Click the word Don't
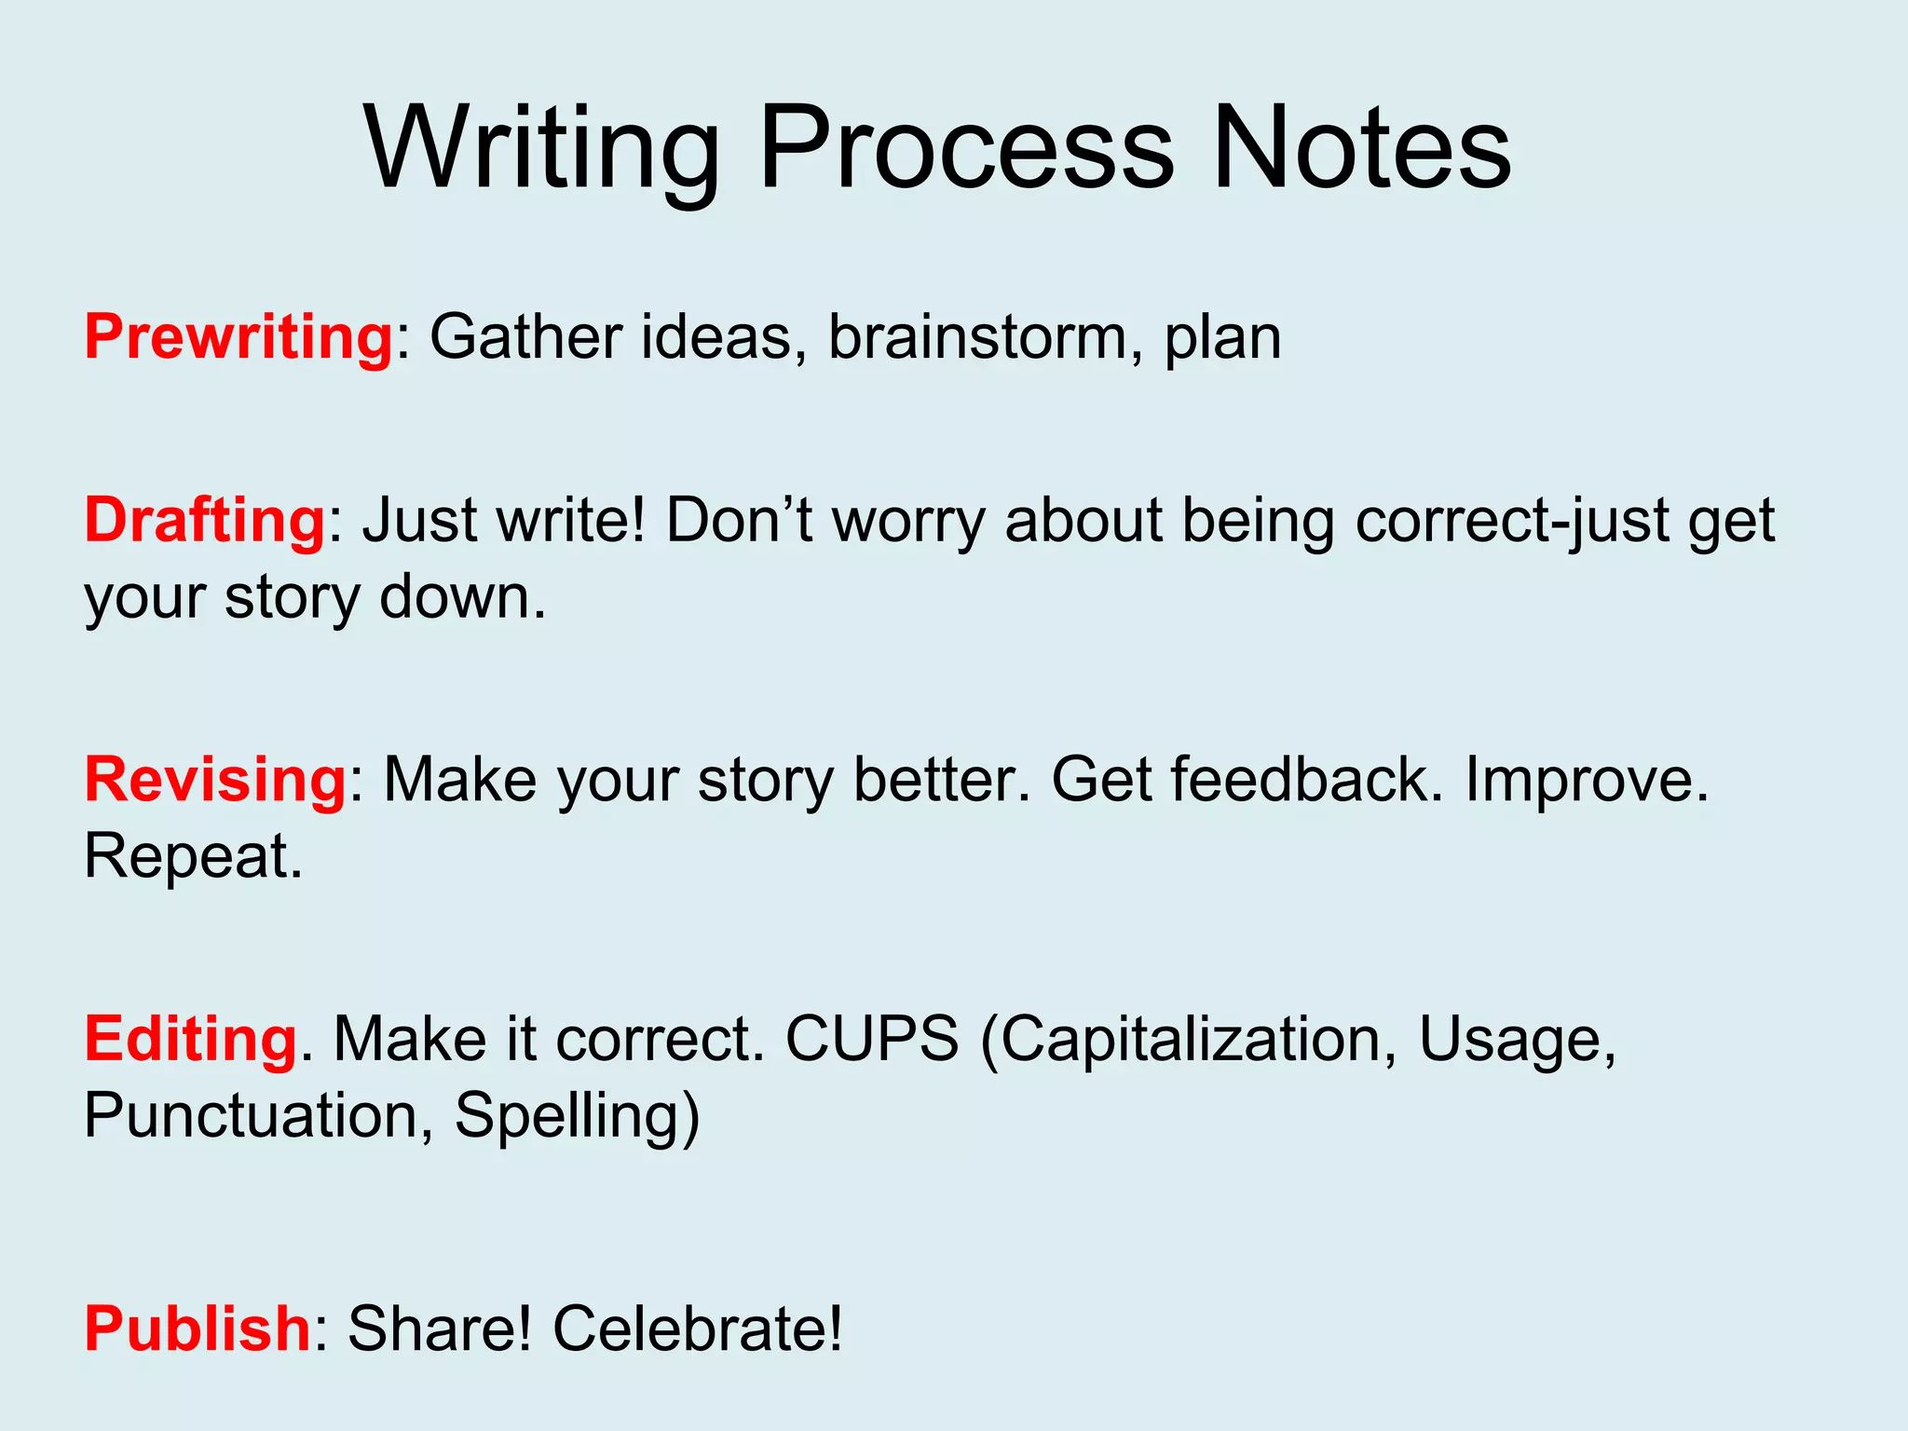[x=740, y=520]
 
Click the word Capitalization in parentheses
[x=1189, y=1040]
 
